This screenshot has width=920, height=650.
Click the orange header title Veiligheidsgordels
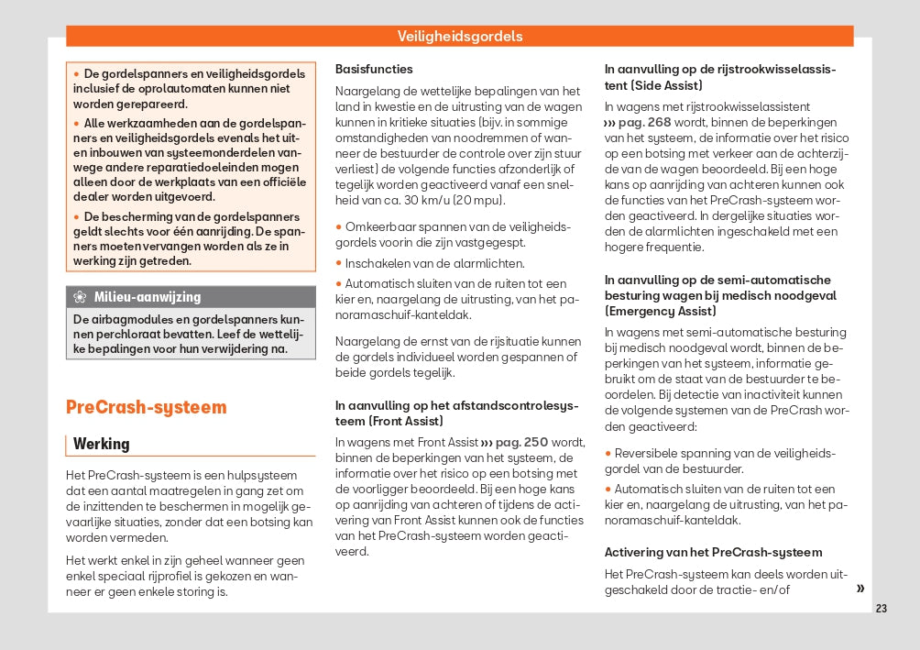point(460,37)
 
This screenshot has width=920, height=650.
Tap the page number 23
point(882,609)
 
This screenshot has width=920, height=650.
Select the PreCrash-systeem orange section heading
point(146,407)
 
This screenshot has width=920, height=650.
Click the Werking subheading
point(102,444)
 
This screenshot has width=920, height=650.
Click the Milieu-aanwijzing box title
point(148,297)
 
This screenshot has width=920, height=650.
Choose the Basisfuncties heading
point(374,69)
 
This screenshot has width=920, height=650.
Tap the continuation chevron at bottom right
point(860,589)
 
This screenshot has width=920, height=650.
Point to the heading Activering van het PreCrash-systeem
point(713,552)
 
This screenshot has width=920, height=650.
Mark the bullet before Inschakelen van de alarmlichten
point(339,263)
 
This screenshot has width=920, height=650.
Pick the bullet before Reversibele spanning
point(608,453)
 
